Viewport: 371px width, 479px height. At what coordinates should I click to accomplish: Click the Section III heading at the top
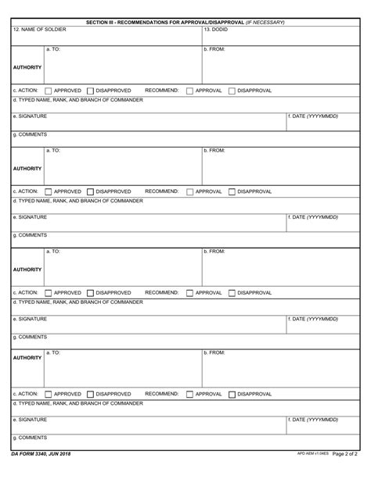click(185, 22)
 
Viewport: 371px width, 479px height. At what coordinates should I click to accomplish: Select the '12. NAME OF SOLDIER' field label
click(40, 30)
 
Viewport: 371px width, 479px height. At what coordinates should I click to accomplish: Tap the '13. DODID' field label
click(216, 30)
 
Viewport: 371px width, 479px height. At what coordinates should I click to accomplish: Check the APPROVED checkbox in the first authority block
click(49, 91)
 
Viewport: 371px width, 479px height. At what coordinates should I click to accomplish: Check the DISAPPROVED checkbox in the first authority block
click(91, 91)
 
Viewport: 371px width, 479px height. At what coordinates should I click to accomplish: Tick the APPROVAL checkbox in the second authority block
click(190, 192)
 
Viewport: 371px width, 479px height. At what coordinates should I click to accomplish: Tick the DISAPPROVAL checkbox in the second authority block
click(232, 192)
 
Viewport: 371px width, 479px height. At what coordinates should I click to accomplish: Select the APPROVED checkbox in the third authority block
click(49, 293)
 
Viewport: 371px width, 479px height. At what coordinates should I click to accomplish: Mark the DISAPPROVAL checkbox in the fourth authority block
click(232, 395)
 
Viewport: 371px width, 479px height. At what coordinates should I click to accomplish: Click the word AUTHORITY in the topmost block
click(27, 67)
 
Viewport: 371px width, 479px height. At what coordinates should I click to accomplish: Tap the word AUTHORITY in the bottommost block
click(27, 358)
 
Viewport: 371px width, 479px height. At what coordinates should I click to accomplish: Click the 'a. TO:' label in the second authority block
click(53, 150)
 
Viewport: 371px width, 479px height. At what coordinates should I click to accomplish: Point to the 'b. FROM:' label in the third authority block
click(214, 251)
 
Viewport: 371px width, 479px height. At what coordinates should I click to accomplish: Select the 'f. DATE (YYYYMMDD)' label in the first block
click(313, 116)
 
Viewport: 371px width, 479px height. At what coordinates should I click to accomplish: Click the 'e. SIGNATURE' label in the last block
click(30, 420)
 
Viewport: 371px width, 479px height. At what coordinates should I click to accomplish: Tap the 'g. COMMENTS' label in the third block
click(30, 337)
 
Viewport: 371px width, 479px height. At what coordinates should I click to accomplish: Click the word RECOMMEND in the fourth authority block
click(161, 394)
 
